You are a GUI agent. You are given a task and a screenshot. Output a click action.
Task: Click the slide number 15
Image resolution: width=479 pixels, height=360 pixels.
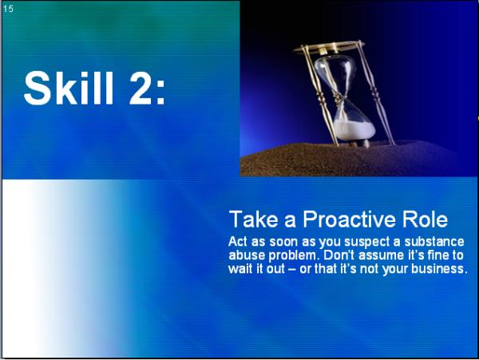point(8,9)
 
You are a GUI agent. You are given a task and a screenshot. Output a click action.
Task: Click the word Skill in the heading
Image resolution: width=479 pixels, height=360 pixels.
point(69,88)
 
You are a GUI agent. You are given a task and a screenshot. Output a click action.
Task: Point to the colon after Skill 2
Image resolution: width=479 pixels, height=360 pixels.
point(161,93)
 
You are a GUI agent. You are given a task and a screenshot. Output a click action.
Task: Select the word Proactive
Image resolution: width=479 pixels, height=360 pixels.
point(350,220)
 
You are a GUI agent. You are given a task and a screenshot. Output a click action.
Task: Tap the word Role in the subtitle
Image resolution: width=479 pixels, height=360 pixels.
point(426,220)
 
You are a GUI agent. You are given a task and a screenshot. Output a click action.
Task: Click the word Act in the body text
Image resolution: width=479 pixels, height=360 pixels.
point(237,242)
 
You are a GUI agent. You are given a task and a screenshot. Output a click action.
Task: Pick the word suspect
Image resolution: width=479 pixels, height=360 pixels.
point(366,243)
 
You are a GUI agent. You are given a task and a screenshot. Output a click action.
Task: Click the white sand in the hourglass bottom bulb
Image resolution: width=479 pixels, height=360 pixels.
point(354,130)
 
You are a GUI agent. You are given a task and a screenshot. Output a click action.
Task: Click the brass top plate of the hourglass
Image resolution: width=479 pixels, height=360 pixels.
point(328,47)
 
